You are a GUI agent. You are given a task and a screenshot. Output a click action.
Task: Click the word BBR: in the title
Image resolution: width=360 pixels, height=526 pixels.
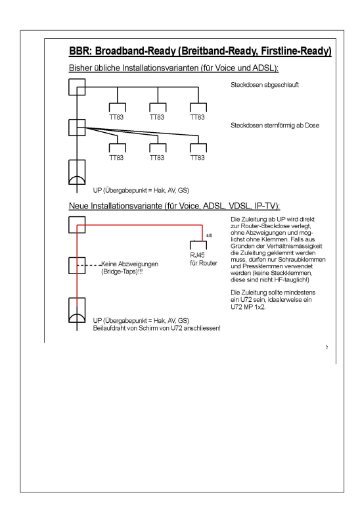tap(80, 51)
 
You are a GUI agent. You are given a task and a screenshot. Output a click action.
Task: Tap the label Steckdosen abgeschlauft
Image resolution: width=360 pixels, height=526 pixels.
tap(265, 85)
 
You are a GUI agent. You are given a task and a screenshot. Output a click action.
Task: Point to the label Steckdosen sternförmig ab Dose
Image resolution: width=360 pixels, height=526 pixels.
tap(275, 126)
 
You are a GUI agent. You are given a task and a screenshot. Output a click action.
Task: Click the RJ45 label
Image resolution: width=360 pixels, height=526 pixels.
tap(197, 255)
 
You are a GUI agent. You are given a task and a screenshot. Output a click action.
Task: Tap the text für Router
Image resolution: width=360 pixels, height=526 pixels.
tap(204, 263)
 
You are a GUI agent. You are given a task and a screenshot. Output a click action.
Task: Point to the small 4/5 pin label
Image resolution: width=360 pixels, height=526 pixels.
tap(209, 235)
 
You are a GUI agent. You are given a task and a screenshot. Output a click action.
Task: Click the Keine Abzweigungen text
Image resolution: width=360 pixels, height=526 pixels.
tap(129, 264)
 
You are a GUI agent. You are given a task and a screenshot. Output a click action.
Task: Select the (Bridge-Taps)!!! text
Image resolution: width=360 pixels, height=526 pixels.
tap(122, 272)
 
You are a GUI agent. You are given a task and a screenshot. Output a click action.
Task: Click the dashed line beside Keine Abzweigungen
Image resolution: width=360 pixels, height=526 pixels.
tap(89, 266)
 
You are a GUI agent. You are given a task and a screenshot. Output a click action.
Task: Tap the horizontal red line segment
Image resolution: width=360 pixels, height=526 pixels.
tap(140, 225)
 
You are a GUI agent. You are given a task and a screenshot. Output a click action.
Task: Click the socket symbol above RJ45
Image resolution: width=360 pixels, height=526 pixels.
tap(198, 245)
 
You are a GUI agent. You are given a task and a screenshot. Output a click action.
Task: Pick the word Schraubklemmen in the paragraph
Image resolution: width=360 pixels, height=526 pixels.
tap(302, 260)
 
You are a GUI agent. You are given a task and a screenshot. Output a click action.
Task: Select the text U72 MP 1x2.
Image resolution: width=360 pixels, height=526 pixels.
tap(248, 307)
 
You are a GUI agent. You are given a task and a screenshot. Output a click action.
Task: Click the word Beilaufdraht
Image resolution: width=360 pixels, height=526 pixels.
tap(108, 328)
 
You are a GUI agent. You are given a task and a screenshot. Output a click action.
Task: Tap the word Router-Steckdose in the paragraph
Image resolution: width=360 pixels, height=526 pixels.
tap(265, 226)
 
